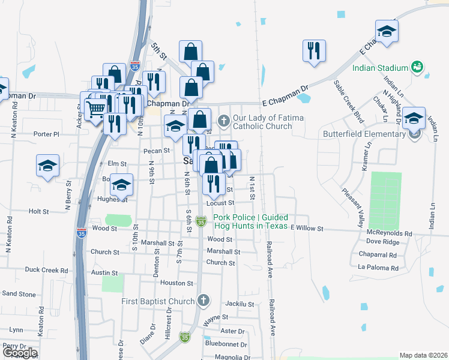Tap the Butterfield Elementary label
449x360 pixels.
tap(364, 134)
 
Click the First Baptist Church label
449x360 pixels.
tap(158, 301)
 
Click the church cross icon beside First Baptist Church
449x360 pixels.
tap(203, 300)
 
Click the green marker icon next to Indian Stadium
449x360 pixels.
tap(418, 67)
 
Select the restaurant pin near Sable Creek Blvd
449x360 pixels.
tap(314, 51)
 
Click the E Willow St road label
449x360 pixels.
tap(307, 229)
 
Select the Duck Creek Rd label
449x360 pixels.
tap(47, 270)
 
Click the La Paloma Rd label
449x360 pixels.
tap(378, 267)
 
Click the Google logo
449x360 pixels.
tap(19, 353)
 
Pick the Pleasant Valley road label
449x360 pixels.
tap(354, 204)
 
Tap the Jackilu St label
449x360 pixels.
tap(241, 304)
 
